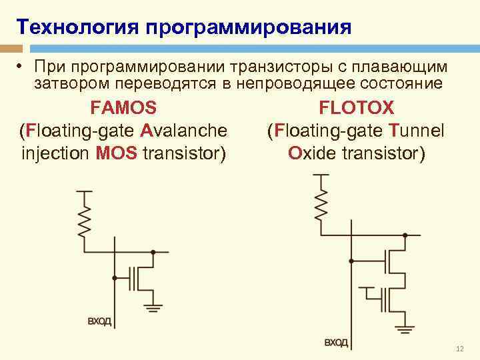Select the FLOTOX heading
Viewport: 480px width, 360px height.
tap(357, 107)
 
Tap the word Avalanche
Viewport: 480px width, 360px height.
tap(185, 130)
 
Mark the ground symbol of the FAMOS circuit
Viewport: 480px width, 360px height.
tap(154, 307)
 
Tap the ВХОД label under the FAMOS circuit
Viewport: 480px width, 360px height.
tap(100, 321)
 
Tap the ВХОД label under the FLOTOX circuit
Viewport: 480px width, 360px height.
tap(336, 343)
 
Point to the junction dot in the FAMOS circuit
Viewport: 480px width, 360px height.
tap(153, 252)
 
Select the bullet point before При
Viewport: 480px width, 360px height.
tap(21, 68)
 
